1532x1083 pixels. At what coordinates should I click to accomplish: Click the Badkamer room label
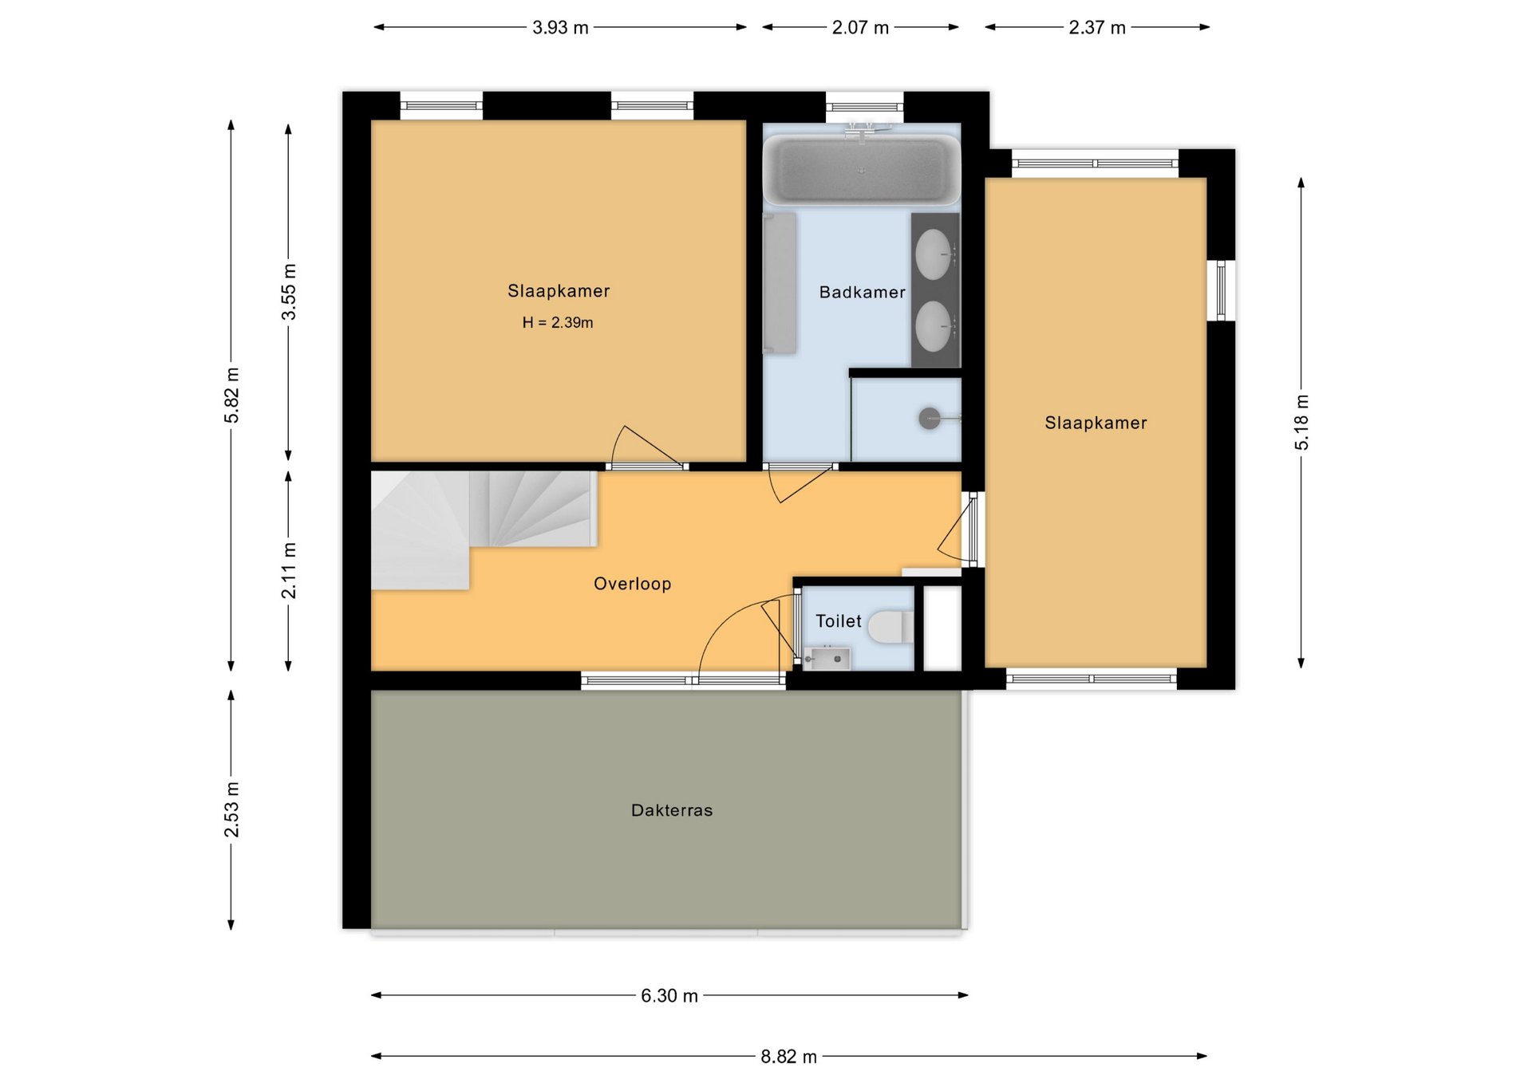tap(862, 293)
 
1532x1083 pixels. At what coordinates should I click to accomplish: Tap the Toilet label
tap(838, 621)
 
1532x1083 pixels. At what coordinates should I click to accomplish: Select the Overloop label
tap(632, 584)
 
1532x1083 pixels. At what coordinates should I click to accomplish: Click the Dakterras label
tap(672, 810)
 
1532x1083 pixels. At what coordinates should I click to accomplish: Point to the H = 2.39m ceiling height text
tap(558, 323)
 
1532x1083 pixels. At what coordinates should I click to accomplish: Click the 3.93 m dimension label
tap(560, 28)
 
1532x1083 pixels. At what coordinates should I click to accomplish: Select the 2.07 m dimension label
tap(860, 28)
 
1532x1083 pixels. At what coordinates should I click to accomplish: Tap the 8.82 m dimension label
tap(788, 1057)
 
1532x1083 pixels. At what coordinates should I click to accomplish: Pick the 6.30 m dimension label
tap(669, 996)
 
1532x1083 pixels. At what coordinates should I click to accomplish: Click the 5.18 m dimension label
tap(1301, 423)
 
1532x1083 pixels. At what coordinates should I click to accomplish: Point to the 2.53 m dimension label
tap(231, 809)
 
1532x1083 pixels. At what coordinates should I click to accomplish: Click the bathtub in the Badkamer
tap(862, 170)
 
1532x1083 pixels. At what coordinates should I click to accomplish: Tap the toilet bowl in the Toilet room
tap(890, 628)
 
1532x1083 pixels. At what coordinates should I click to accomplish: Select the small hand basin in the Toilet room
tap(826, 659)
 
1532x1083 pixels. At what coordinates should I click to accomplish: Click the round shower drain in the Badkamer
tap(930, 418)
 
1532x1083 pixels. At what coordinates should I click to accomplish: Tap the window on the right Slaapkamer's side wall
tap(1221, 290)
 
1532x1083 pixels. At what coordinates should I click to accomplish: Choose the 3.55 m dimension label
tap(289, 292)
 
